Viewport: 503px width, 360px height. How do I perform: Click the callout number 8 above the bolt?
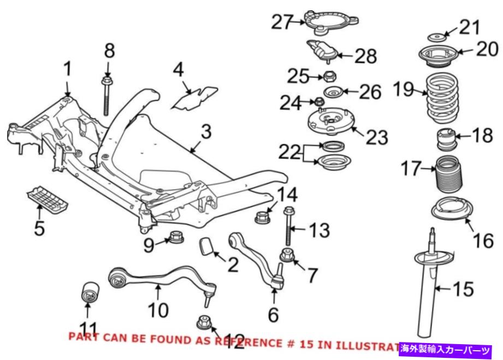pyautogui.click(x=110, y=52)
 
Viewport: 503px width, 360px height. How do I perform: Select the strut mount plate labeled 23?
pyautogui.click(x=329, y=123)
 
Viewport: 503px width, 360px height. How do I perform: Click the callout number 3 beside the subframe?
pyautogui.click(x=205, y=133)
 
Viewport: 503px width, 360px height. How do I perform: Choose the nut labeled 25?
pyautogui.click(x=329, y=76)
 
